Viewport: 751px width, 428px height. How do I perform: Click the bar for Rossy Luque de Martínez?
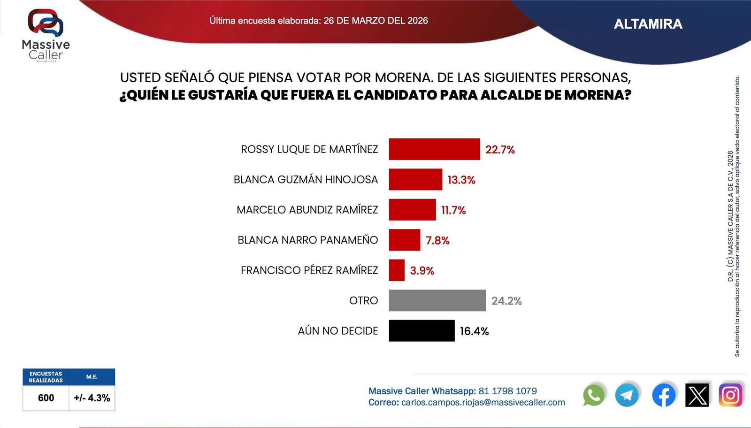point(434,149)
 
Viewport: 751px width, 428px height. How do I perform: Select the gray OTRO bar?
point(437,300)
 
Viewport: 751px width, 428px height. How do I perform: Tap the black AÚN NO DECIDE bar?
point(421,331)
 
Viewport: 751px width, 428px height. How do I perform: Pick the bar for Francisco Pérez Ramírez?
point(397,270)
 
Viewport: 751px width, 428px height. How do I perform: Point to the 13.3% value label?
point(461,180)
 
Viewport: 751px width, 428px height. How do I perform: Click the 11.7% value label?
point(453,210)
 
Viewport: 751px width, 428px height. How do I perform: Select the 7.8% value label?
point(437,240)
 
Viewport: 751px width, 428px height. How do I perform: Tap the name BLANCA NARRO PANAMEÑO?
point(307,240)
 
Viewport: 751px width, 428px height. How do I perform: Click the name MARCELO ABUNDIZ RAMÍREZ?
point(307,210)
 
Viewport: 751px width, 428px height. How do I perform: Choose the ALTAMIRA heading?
point(648,24)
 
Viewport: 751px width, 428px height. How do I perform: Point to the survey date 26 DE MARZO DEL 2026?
point(375,21)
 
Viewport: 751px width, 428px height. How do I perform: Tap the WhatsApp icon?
point(594,395)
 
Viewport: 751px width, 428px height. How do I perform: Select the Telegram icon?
point(627,395)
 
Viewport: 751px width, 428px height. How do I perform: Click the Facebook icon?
point(664,395)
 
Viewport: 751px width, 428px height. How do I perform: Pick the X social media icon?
point(697,395)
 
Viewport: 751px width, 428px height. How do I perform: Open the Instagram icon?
point(730,395)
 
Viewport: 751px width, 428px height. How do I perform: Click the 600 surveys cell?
point(46,398)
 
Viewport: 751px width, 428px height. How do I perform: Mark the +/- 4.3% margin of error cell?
point(92,398)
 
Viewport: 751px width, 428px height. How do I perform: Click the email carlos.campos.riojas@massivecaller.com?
point(483,403)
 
